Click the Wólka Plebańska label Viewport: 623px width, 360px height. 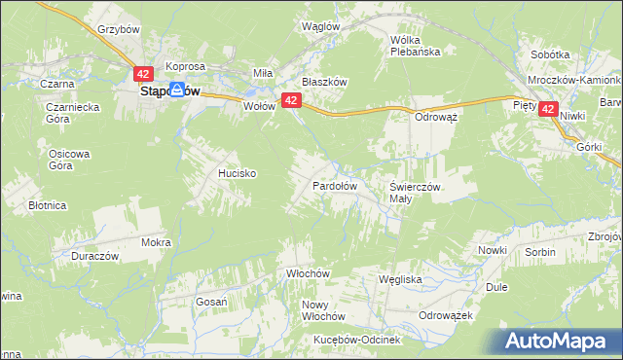(416, 46)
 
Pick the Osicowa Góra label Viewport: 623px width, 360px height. (69, 160)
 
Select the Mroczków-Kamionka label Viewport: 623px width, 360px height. (575, 80)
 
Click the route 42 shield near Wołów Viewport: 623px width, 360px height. (289, 100)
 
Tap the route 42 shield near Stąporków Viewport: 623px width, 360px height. (143, 74)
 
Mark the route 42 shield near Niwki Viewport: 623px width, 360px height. (549, 111)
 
